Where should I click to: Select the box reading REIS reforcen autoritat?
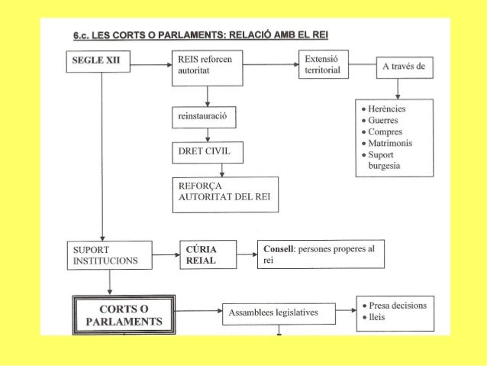(206, 64)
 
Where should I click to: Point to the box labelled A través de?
(405, 67)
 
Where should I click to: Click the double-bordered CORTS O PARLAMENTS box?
(124, 314)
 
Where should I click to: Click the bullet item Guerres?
(386, 120)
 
